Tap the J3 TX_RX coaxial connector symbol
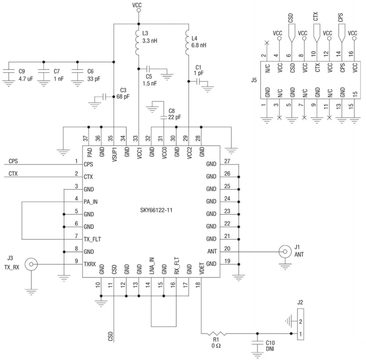pyautogui.click(x=31, y=264)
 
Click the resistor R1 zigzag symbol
pyautogui.click(x=217, y=333)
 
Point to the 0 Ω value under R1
pyautogui.click(x=216, y=345)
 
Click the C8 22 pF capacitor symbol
pyautogui.click(x=164, y=117)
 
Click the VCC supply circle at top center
pyautogui.click(x=139, y=10)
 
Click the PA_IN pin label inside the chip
pyautogui.click(x=91, y=202)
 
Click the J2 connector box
pyautogui.click(x=300, y=324)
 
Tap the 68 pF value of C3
pyautogui.click(x=123, y=97)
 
